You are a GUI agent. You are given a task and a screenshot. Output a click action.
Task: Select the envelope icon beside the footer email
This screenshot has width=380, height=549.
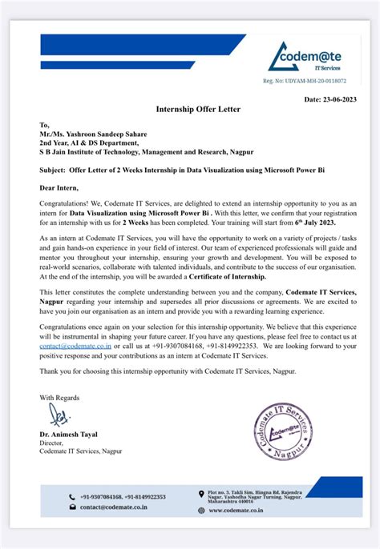[73, 507]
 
